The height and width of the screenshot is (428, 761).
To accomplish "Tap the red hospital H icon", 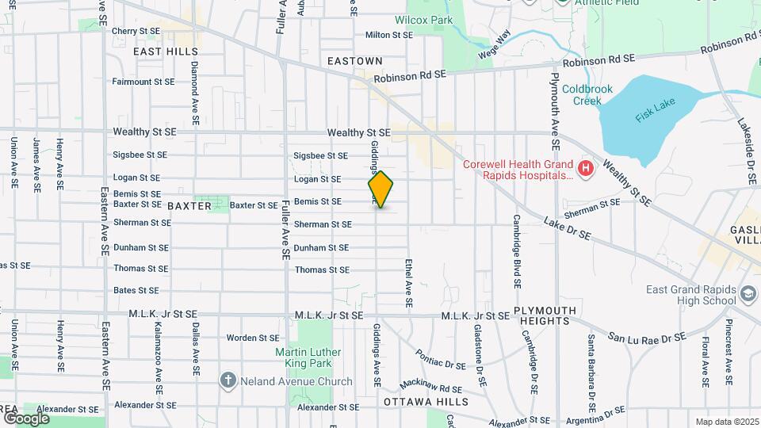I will tap(585, 168).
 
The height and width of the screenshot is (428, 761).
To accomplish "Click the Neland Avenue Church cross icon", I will tap(228, 381).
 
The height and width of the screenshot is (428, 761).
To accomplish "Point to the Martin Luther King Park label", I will tap(308, 357).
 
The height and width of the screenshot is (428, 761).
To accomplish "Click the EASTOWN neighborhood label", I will tap(355, 61).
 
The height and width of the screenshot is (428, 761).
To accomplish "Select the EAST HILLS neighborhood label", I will tap(166, 52).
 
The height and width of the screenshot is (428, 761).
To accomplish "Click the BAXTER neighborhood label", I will tap(189, 206).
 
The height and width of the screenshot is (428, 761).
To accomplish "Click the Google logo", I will tap(25, 418).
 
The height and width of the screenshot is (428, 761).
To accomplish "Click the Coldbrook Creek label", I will tap(587, 94).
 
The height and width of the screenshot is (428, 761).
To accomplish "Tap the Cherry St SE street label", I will tap(136, 31).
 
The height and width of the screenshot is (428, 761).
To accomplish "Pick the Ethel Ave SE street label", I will tap(408, 282).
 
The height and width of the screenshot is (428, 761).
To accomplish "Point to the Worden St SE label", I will tap(254, 338).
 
